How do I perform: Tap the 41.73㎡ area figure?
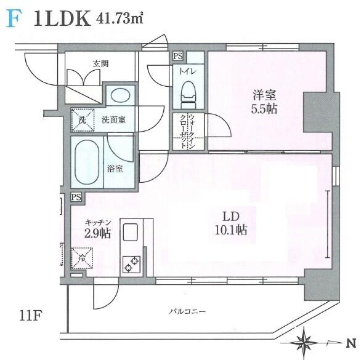[x=120, y=18]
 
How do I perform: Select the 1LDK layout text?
[x=62, y=18]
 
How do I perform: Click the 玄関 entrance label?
[x=100, y=64]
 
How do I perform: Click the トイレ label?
[x=188, y=71]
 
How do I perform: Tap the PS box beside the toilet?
[x=178, y=56]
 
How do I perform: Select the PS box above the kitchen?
[x=76, y=197]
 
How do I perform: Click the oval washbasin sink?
[x=120, y=95]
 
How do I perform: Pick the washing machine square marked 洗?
[x=83, y=120]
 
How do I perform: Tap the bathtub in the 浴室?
[x=87, y=162]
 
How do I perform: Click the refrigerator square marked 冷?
[x=82, y=258]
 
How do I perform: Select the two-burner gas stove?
[x=131, y=264]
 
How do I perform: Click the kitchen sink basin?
[x=131, y=233]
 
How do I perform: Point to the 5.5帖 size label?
[x=264, y=109]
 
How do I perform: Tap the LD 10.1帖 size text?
[x=231, y=223]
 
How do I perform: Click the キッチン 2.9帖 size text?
[x=98, y=229]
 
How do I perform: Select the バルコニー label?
[x=187, y=312]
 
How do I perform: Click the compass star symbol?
[x=304, y=341]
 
